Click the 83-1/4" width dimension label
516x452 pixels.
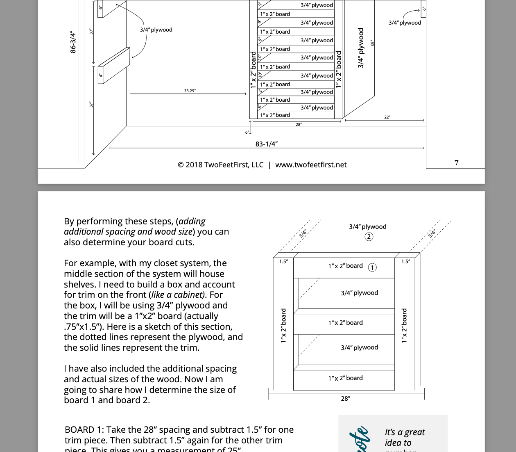coord(267,144)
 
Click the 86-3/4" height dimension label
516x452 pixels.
coord(73,42)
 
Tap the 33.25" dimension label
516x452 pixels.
coord(190,91)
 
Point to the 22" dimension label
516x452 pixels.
coord(387,117)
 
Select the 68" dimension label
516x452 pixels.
coord(372,43)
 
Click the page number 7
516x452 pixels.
coord(457,163)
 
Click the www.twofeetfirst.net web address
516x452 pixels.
coord(311,165)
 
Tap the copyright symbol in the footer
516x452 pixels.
coord(181,165)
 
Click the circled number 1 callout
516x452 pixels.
coord(372,267)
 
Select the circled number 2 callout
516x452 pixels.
coord(369,237)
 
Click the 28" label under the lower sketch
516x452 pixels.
coord(345,398)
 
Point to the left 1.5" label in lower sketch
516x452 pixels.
coord(283,261)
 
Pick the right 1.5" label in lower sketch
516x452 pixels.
coord(405,261)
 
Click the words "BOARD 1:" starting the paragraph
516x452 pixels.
coord(84,429)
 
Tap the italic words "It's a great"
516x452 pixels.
coord(405,432)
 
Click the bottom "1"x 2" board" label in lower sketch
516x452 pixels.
coord(345,378)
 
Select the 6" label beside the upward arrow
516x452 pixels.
coord(247,132)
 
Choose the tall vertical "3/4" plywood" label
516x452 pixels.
coord(361,48)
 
